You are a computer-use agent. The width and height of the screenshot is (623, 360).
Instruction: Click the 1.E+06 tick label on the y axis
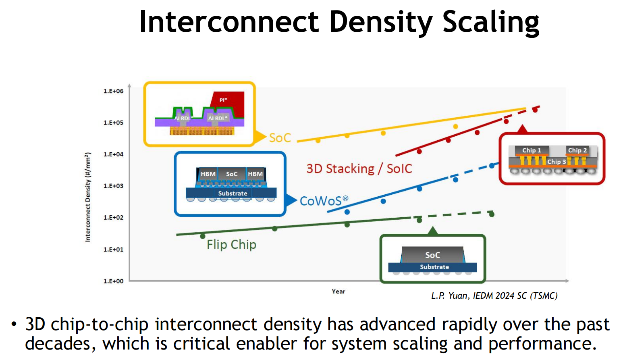coord(114,91)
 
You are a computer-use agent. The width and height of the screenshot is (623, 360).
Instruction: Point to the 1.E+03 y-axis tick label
coord(114,186)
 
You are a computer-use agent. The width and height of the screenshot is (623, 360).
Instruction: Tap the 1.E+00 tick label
coord(114,281)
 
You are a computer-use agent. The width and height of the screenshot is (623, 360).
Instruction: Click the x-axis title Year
coord(338,291)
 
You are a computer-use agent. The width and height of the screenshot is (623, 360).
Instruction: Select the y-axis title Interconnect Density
coord(88,197)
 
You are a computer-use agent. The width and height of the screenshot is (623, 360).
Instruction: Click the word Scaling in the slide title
coord(491,22)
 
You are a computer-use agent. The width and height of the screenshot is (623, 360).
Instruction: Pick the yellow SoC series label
coord(280,138)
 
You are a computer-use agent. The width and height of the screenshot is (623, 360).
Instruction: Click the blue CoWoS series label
coord(324,201)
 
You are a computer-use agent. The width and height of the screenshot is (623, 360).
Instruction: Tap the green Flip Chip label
coord(231,245)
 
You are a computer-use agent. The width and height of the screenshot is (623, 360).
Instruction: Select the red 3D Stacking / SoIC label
coord(359,169)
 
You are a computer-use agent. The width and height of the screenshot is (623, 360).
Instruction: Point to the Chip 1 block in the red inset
coord(532,150)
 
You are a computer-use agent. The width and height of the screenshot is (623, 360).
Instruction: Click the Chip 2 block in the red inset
coord(577,150)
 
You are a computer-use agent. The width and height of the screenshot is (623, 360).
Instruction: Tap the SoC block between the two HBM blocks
coord(232,174)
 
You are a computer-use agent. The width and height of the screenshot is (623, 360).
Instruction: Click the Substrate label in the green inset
coord(434,267)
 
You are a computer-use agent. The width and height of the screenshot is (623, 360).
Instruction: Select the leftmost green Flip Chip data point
coord(203,236)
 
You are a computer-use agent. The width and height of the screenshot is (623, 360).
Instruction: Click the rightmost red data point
coord(535,110)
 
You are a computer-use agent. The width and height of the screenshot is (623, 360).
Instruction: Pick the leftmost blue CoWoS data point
coord(347,212)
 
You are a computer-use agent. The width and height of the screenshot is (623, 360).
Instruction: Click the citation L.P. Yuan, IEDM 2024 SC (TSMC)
coord(494,295)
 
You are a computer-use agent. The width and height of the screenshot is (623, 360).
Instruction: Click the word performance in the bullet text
coord(542,343)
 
